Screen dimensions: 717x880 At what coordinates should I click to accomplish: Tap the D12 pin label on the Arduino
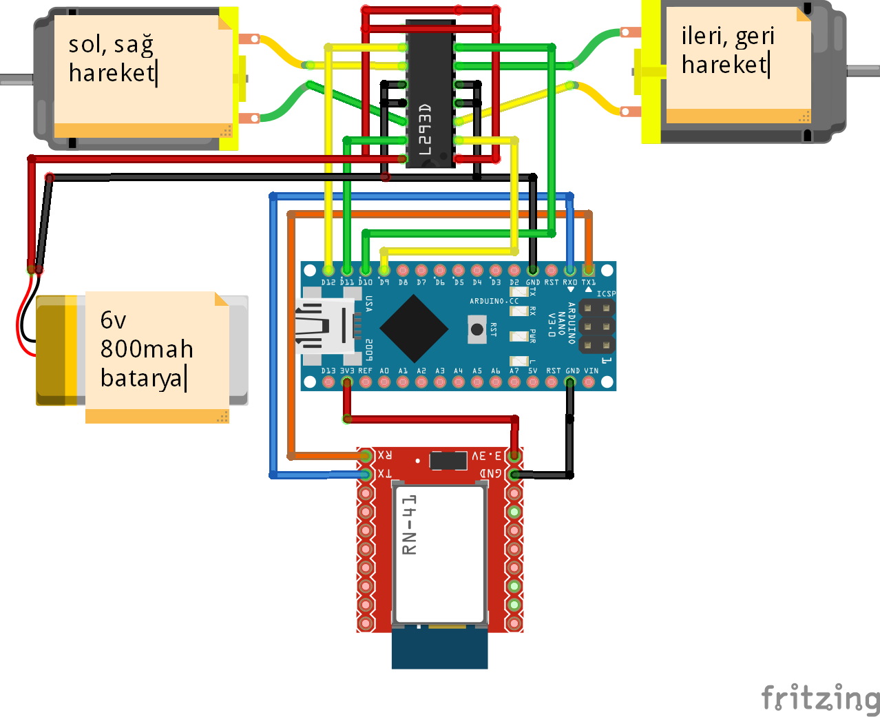point(328,282)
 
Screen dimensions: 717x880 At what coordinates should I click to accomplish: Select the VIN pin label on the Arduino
point(591,371)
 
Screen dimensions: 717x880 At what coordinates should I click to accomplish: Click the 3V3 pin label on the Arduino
point(347,371)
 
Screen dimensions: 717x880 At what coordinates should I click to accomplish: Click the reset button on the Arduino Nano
point(476,329)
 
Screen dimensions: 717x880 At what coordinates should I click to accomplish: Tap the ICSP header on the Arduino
point(596,326)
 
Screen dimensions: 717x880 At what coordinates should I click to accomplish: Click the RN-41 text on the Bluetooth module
point(410,525)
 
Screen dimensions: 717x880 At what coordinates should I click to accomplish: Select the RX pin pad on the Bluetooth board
point(366,456)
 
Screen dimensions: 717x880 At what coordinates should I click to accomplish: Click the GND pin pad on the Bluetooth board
point(514,475)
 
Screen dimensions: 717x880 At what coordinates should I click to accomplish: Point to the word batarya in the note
point(142,378)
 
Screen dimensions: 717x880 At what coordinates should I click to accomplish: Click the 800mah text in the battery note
point(147,349)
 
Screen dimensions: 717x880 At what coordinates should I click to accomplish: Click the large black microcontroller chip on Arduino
point(414,329)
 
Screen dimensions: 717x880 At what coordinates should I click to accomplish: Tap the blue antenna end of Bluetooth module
point(439,650)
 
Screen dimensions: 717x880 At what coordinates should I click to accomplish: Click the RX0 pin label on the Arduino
point(569,282)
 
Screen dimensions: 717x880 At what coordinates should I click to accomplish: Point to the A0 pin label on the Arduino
point(384,371)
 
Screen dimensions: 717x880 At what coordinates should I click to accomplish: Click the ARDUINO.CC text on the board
point(494,301)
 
